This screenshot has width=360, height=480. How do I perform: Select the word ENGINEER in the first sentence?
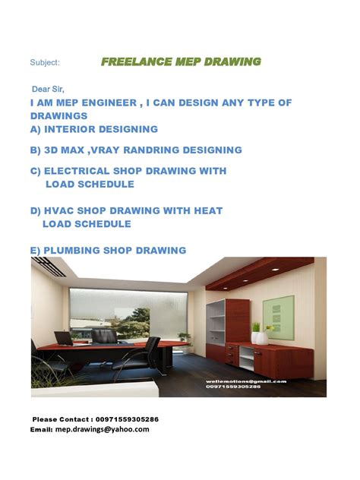[106, 103]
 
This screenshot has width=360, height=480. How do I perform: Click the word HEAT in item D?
[207, 210]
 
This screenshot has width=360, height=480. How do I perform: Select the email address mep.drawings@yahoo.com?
[102, 430]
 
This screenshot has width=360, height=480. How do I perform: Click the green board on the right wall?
[279, 311]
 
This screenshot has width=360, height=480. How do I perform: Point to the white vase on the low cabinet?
[261, 337]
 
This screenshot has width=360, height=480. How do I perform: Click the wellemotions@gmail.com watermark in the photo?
[245, 381]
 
